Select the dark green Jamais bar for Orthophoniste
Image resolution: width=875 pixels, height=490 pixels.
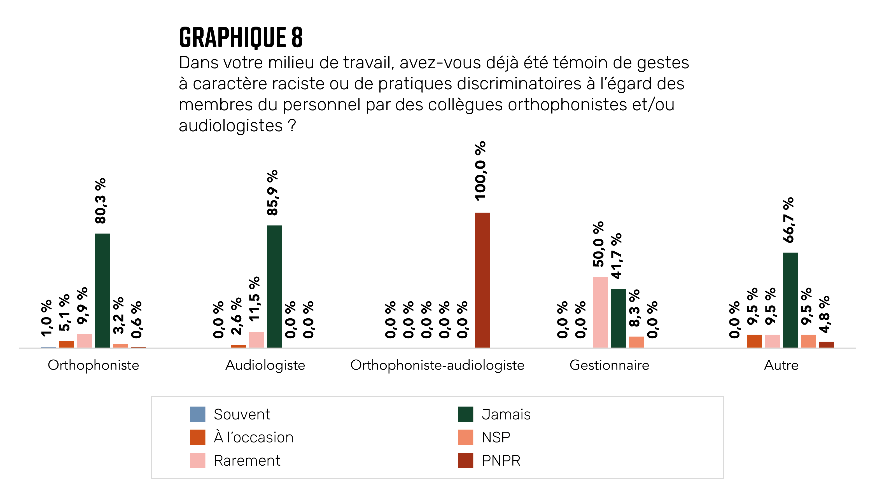coord(102,290)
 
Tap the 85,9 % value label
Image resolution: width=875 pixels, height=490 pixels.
coord(272,193)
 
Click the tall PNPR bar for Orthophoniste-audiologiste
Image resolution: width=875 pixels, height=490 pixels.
coord(482,280)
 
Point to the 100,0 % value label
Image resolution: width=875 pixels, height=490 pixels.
coord(480,171)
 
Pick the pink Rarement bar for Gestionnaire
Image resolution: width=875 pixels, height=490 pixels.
coord(600,312)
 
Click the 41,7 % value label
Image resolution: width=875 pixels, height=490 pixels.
coord(617,256)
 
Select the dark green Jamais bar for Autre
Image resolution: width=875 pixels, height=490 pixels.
coord(790,300)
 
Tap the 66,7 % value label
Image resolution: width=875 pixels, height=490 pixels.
coord(789,220)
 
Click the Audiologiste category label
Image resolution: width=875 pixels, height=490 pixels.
coord(265,365)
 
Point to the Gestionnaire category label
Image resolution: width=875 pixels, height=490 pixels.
coord(609,365)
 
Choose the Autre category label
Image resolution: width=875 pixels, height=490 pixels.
coord(781,365)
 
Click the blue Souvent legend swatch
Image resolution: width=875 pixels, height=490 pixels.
coord(197,414)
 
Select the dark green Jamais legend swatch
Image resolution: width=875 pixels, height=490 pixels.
coord(465,414)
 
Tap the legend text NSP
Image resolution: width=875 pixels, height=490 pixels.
coord(496,437)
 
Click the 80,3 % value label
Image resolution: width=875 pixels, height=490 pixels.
coord(101,201)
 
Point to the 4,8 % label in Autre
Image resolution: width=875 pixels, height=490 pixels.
coord(824,314)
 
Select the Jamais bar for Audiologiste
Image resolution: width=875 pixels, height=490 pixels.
coord(274,286)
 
